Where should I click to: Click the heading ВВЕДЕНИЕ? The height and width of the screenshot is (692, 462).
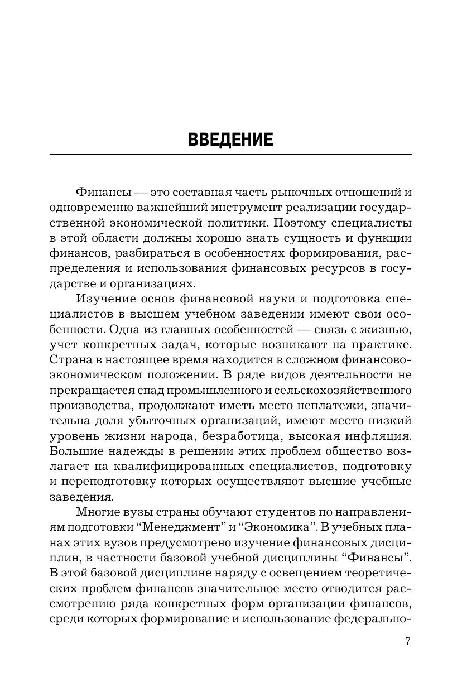click(x=230, y=139)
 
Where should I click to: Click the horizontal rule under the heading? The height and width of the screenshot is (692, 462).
click(x=230, y=153)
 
